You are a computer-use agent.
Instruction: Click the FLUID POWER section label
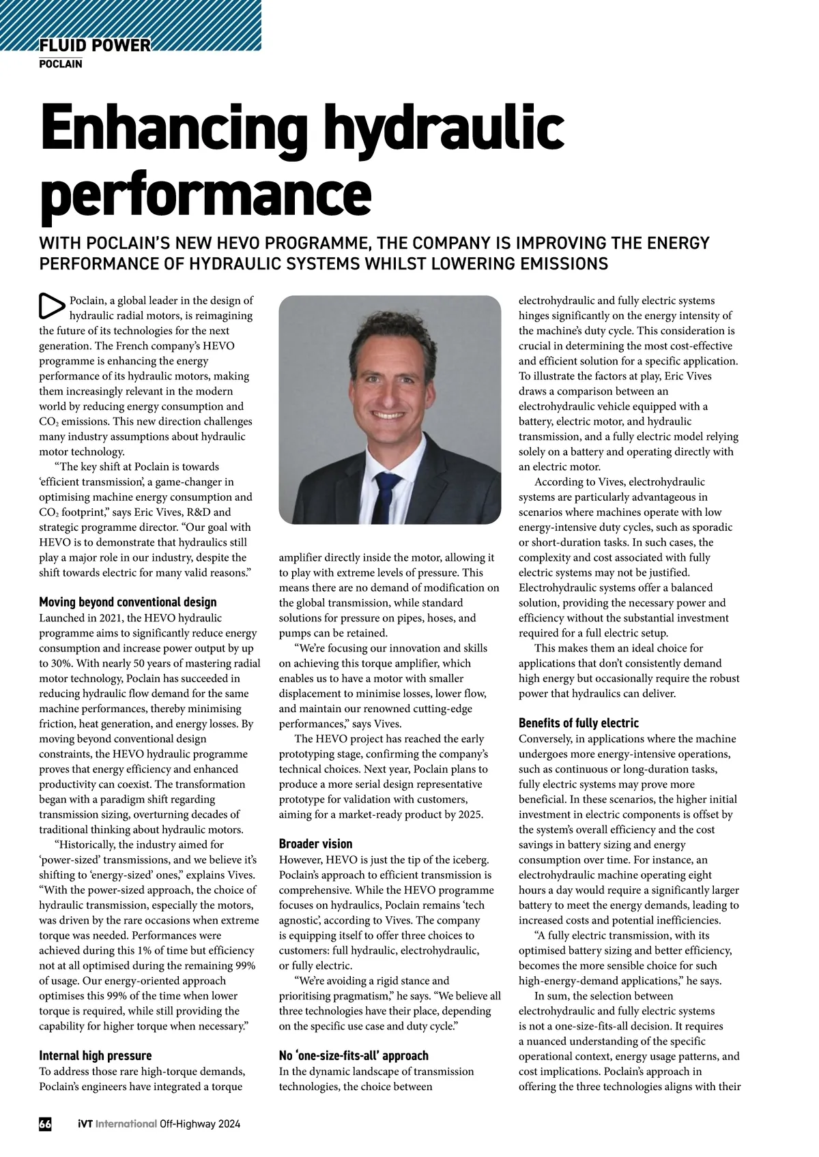95,46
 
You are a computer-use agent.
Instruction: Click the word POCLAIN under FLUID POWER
61,64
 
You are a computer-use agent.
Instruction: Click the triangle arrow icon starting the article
51,306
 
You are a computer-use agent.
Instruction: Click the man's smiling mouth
387,415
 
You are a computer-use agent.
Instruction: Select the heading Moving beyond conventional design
128,602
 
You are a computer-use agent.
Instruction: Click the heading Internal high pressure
95,1055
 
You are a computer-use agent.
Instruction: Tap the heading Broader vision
315,844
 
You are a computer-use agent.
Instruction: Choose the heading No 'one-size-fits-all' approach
354,1055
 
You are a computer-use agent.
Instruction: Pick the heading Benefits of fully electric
578,723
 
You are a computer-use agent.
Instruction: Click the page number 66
45,1124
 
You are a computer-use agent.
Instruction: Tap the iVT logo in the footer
85,1124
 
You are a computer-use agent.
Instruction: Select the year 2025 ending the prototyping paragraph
470,815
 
